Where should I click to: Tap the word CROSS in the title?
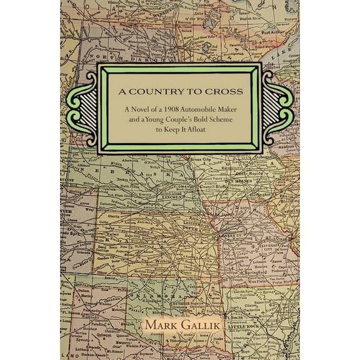[x=224, y=89]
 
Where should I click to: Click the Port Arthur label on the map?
[x=274, y=31]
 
